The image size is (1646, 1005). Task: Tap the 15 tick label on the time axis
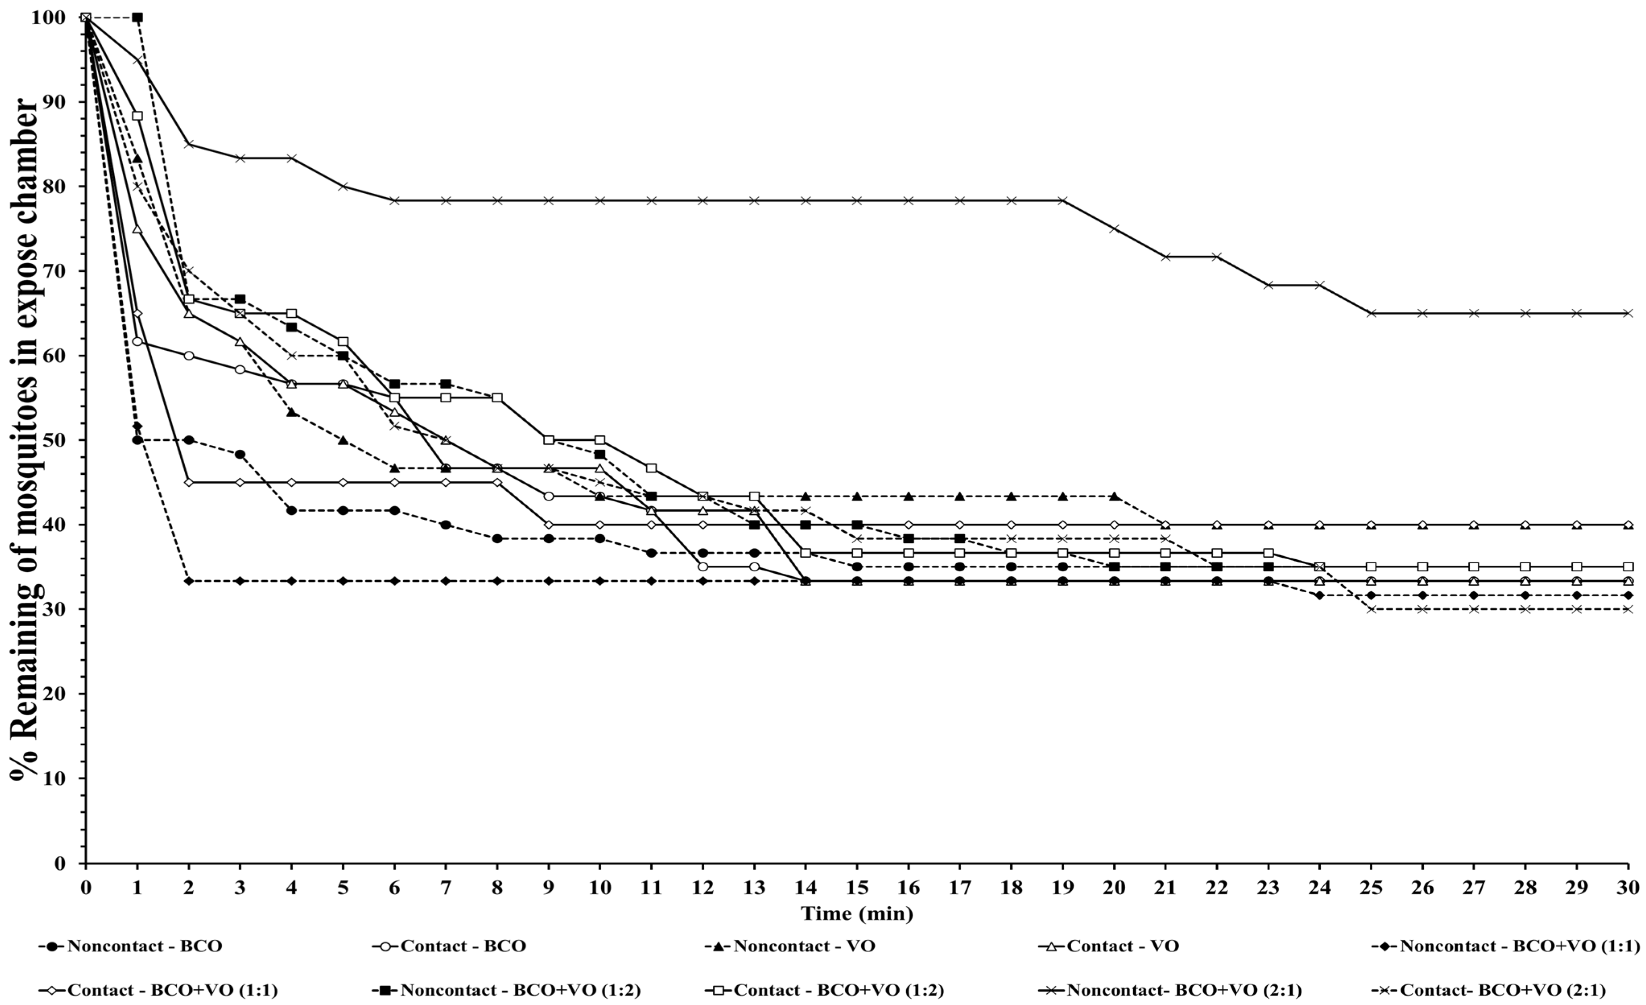click(857, 888)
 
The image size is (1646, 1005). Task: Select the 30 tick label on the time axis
click(1628, 888)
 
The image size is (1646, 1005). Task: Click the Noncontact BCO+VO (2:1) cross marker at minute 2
click(189, 144)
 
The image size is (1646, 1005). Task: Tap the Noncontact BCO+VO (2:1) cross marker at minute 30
click(1628, 313)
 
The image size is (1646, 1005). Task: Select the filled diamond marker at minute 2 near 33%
click(189, 581)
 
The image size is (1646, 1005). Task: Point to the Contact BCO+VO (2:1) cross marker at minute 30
click(1628, 609)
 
